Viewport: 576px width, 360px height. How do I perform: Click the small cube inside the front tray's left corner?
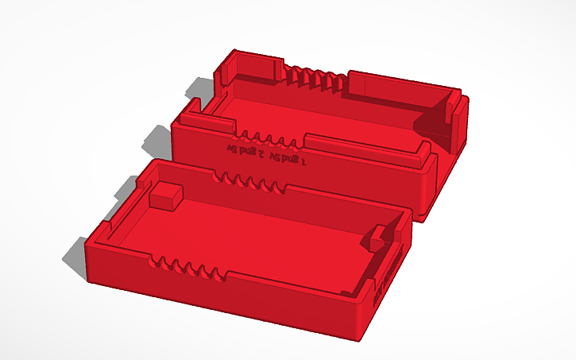(x=165, y=195)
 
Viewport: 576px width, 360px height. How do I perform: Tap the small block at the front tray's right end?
(x=381, y=238)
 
